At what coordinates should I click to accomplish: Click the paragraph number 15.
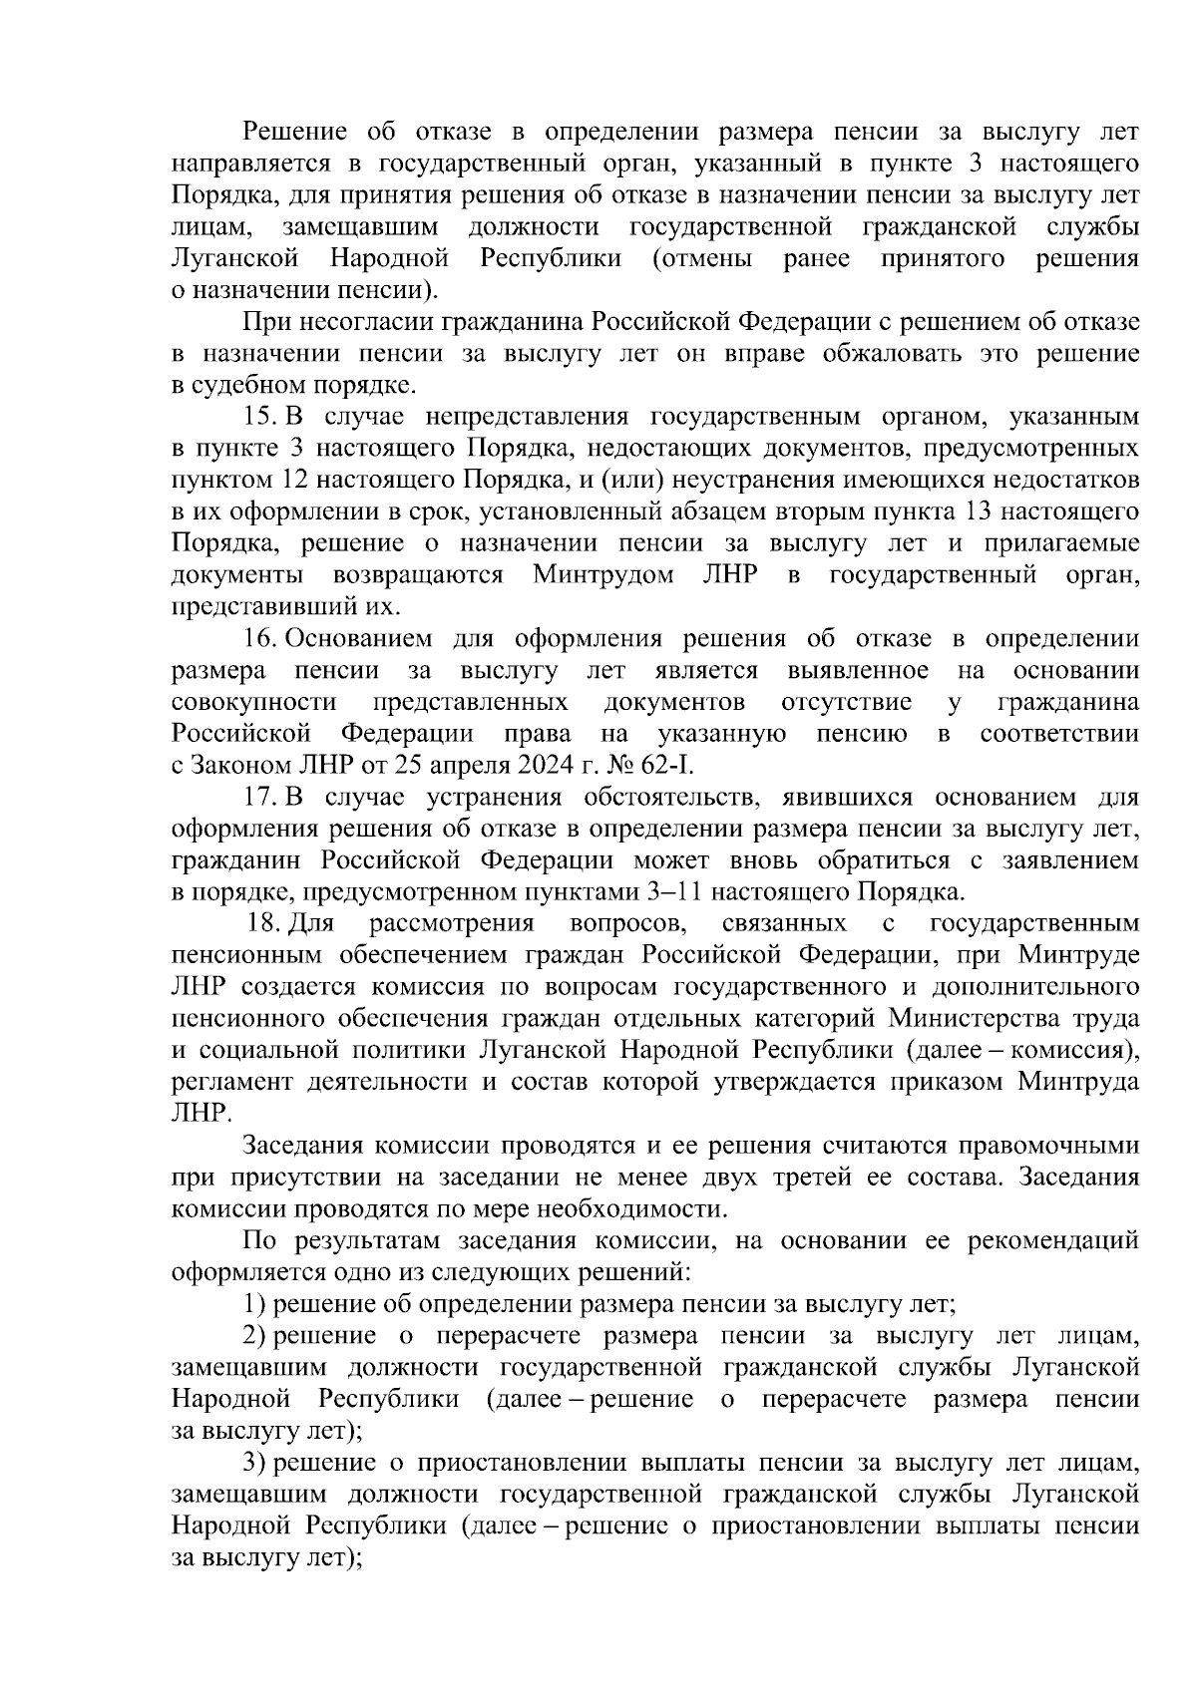(x=259, y=418)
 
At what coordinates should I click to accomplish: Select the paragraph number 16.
(x=259, y=639)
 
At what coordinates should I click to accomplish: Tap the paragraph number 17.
(x=259, y=798)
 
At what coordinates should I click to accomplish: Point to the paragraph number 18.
(x=263, y=925)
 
